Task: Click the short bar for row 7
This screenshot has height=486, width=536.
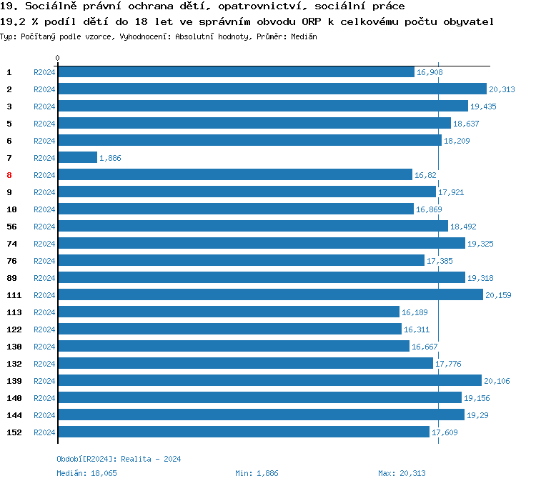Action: [x=77, y=157]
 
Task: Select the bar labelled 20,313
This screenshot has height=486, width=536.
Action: [x=272, y=89]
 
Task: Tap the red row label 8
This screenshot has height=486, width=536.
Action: [x=9, y=175]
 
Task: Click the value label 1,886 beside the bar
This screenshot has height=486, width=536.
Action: [x=110, y=158]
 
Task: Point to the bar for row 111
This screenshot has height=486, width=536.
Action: [x=270, y=294]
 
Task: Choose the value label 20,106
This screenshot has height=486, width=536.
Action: [x=497, y=381]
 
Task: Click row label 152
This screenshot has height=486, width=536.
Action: [x=14, y=432]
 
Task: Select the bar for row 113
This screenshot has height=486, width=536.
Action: [x=228, y=312]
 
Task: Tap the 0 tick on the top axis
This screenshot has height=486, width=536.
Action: [x=58, y=58]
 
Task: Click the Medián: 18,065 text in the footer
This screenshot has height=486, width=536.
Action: [x=86, y=473]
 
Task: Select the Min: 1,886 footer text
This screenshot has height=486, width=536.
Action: [x=257, y=473]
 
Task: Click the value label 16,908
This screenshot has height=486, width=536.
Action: [x=430, y=72]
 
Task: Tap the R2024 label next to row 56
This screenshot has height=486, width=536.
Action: [x=44, y=227]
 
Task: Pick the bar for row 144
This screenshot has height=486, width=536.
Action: [x=261, y=415]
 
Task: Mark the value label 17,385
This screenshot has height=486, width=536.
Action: [x=440, y=261]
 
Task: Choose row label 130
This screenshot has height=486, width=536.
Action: [x=14, y=347]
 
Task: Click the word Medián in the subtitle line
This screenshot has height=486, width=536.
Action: [x=304, y=36]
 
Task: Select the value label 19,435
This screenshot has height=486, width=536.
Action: [x=483, y=106]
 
